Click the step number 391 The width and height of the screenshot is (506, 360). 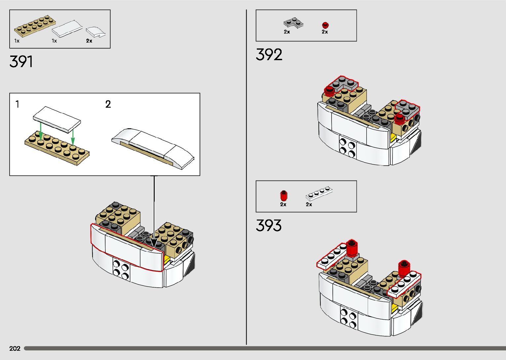pos(21,61)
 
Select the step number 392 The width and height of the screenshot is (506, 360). pos(269,55)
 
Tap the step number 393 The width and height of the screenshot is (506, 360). pos(269,225)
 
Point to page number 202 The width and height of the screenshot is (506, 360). pos(15,348)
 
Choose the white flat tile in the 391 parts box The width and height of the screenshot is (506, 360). pos(67,29)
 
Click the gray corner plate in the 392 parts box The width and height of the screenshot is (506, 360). pos(293,23)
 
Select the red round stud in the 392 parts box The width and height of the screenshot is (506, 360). pos(326,25)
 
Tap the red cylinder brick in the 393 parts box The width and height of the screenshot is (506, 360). pos(283,195)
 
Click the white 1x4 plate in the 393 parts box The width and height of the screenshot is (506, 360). pos(319,194)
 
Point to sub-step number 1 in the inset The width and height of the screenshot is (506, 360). pos(18,104)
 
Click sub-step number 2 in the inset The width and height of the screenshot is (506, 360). pos(108,104)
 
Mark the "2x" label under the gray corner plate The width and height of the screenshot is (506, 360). pos(287,32)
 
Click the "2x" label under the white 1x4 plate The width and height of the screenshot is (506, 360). pos(309,204)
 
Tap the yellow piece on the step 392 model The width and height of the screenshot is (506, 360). pos(393,138)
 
